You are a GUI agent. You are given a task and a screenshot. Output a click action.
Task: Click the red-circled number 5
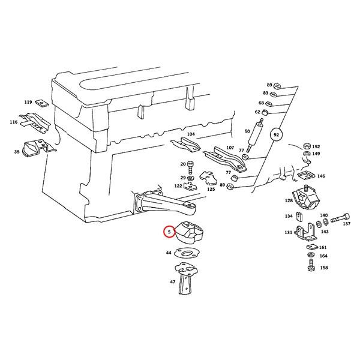coord(169,232)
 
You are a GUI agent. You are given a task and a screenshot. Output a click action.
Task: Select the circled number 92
coord(276,134)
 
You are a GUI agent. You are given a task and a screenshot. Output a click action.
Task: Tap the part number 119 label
coord(28,102)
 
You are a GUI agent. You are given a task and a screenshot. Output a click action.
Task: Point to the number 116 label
coord(14,122)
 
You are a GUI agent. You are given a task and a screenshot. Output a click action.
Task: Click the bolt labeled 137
coord(340,218)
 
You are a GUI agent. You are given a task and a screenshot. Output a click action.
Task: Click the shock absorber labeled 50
coord(256,135)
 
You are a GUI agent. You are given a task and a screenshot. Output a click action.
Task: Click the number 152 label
coord(316,147)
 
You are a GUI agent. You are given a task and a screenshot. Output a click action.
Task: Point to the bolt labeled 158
coord(311,265)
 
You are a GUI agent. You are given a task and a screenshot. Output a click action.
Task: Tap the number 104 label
coord(191,134)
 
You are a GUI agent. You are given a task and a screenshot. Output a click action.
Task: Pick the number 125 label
coord(211,189)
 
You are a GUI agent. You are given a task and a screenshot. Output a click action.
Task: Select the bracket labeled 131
coord(305,232)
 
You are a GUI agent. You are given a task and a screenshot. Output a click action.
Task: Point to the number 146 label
coord(321,176)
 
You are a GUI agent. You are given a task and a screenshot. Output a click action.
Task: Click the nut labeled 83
coord(273,94)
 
